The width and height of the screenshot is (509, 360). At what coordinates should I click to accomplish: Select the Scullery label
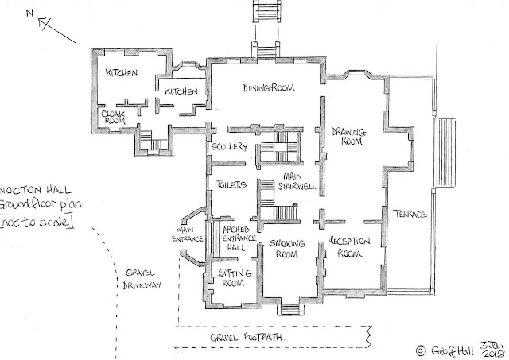click(x=231, y=149)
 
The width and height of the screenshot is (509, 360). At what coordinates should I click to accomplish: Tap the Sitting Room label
click(x=235, y=277)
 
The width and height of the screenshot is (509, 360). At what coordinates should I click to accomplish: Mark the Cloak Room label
click(x=111, y=118)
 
